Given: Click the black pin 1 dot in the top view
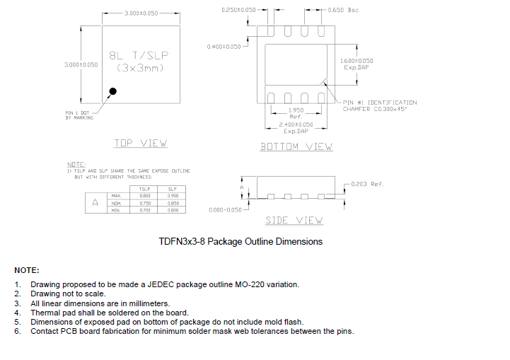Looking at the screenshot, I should [x=112, y=91].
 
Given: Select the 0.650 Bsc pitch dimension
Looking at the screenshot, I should [x=345, y=11].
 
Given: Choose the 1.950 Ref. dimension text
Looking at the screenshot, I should [x=296, y=113].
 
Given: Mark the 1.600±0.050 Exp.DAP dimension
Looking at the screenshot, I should [x=357, y=64].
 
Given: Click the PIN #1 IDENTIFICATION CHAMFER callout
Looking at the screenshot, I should [x=379, y=105].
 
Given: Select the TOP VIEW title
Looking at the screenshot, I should [x=141, y=144].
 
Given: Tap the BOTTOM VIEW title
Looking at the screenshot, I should [x=296, y=146].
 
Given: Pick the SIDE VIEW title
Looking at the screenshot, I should [x=294, y=221].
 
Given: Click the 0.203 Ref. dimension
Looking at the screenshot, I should [x=367, y=184].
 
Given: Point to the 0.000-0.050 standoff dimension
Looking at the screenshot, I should [x=226, y=210].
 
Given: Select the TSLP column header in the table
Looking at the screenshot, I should [x=144, y=189].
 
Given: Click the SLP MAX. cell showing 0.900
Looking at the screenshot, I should [x=173, y=196].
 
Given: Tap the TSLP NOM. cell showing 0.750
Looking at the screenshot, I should [x=144, y=203].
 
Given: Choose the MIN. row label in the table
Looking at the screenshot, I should [x=117, y=210].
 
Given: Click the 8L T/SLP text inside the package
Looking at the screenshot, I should [x=139, y=55].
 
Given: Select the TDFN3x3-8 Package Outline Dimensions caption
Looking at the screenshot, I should [x=240, y=242].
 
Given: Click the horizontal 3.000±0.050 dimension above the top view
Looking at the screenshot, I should [x=141, y=13].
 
